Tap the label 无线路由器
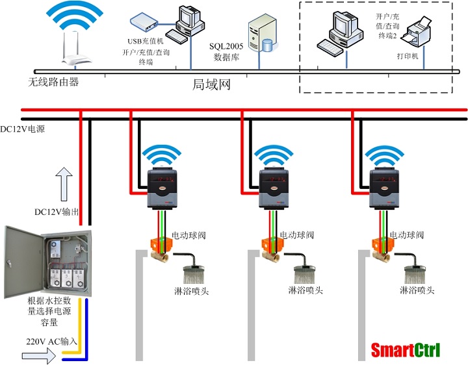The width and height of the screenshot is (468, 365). [53, 82]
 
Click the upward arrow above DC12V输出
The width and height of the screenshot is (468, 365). [64, 182]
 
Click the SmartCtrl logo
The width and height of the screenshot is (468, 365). [406, 351]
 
